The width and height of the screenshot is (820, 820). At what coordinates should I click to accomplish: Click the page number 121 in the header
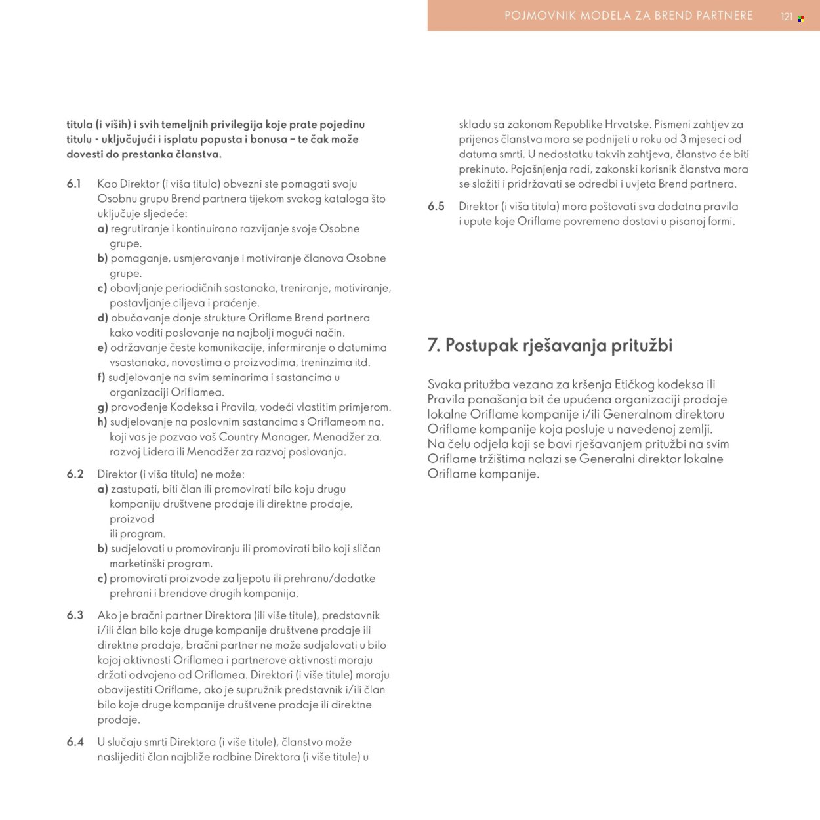787,17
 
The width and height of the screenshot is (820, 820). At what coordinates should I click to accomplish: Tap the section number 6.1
74,184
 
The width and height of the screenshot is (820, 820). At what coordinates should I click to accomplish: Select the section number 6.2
75,474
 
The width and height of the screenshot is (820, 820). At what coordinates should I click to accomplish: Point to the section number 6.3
75,615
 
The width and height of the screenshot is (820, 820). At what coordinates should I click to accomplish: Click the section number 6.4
75,742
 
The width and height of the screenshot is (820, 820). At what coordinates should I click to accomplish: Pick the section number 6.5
436,206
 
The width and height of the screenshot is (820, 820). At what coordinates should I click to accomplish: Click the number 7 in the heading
434,345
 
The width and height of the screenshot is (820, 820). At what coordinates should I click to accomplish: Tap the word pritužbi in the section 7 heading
642,345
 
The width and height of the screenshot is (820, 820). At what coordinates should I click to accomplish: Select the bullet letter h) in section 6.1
102,422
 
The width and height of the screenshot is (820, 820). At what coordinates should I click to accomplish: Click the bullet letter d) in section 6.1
102,318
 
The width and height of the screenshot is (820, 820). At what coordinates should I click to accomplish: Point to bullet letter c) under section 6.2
102,578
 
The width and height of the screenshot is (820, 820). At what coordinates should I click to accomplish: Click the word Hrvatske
628,124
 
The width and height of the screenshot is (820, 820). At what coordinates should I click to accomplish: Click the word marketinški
137,564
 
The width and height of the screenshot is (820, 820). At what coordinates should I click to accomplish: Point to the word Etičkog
636,384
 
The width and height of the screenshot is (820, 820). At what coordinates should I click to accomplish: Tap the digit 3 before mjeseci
683,139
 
